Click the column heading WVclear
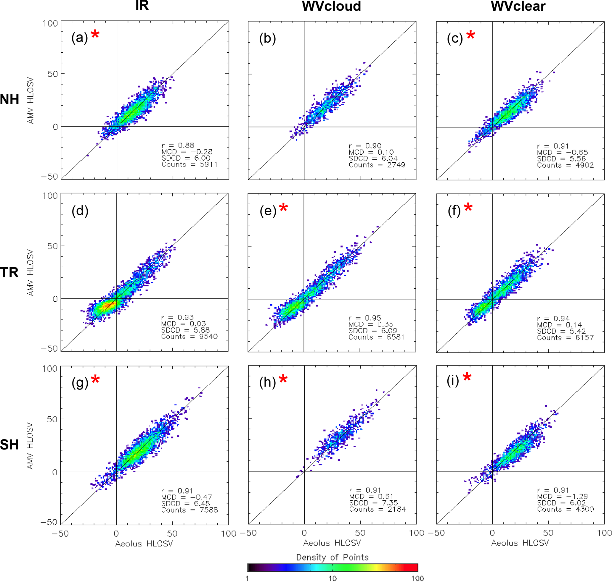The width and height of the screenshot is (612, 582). pos(518,7)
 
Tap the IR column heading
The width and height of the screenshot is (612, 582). pos(142,6)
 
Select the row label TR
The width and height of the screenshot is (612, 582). pos(9,272)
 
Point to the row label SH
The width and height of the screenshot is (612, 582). pos(9,445)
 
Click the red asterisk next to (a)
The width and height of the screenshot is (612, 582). pos(95,34)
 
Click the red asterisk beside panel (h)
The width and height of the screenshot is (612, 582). pos(283,379)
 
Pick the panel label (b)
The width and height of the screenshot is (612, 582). pos(267,38)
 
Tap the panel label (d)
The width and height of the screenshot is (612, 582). pos(80,211)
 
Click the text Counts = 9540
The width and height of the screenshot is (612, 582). pos(189,337)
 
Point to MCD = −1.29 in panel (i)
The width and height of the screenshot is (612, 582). pos(562,496)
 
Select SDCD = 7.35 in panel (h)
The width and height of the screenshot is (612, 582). pos(373,503)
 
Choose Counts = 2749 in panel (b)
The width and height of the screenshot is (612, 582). pos(377,165)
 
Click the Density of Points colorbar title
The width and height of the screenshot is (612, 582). pos(332,557)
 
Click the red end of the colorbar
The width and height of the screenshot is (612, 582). pos(413,568)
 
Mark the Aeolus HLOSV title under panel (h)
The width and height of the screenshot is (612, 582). pos(332,543)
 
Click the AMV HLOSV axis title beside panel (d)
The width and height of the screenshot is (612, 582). pos(30,273)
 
